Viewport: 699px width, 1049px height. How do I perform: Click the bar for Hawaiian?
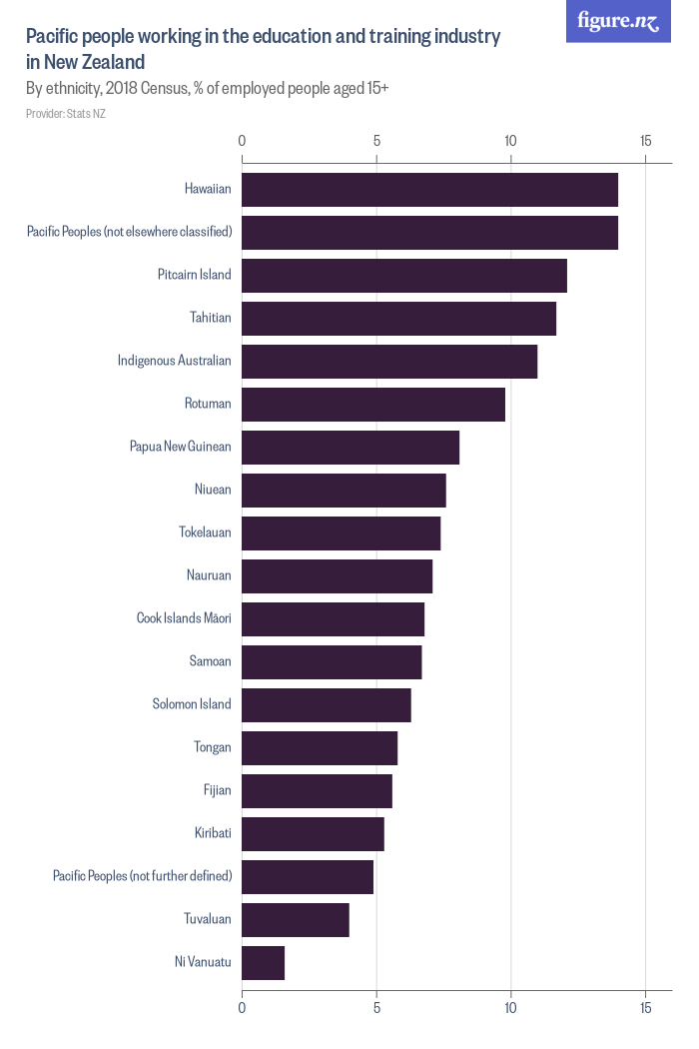pos(429,190)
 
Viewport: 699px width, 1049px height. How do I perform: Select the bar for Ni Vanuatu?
pos(264,963)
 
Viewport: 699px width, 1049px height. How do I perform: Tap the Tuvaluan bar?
pos(296,920)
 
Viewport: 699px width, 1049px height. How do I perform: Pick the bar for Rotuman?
pos(373,405)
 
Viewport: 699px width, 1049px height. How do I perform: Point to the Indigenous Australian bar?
pos(389,362)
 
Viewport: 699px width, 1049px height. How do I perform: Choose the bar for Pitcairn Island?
pos(404,276)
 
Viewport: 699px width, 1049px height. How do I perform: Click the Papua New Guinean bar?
pos(350,448)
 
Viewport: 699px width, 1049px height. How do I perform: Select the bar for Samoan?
pos(332,662)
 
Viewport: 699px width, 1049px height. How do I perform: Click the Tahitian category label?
pos(211,318)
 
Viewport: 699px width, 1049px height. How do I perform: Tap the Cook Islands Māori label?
pos(184,618)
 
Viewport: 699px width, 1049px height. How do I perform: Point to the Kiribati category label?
pos(213,833)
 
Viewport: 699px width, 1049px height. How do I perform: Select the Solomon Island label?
pos(192,704)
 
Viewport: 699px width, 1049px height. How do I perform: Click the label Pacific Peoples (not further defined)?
pos(142,876)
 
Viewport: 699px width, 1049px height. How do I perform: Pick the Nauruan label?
pos(209,575)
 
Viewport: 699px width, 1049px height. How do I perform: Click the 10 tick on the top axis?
pos(510,141)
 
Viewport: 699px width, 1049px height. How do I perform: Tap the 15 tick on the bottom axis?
pos(645,1009)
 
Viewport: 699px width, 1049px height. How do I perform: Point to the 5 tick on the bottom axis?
pos(376,1009)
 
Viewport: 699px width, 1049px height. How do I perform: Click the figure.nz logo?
pos(619,21)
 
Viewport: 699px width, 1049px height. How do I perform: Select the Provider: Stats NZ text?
pos(66,114)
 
